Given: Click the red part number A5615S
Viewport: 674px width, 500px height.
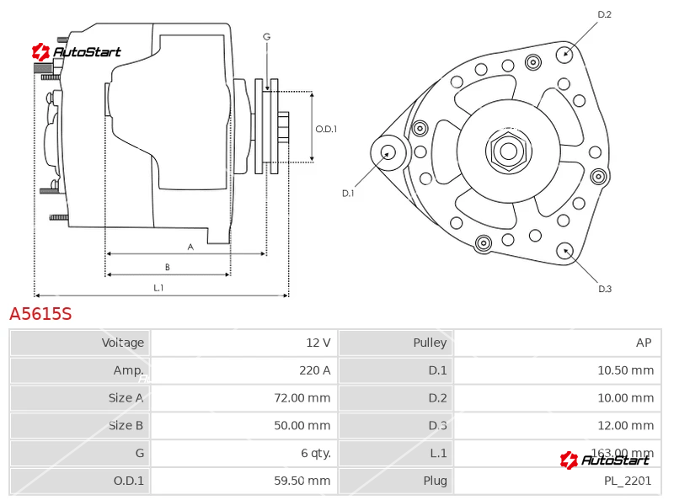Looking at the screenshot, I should pyautogui.click(x=40, y=314).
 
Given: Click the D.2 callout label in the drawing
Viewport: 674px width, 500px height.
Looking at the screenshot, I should pyautogui.click(x=604, y=14).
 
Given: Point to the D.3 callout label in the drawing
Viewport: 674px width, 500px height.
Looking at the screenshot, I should pyautogui.click(x=604, y=290).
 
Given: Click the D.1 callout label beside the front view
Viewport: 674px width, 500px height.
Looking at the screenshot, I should pyautogui.click(x=347, y=194).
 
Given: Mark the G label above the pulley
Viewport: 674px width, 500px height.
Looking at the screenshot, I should pyautogui.click(x=266, y=36).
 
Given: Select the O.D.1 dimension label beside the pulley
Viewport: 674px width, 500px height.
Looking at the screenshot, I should pyautogui.click(x=326, y=129).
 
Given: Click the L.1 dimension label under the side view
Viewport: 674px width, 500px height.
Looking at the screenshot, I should pyautogui.click(x=158, y=288).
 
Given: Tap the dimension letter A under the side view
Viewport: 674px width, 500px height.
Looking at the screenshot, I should pyautogui.click(x=190, y=247).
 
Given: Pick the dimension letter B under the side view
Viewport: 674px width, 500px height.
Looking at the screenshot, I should pyautogui.click(x=167, y=268).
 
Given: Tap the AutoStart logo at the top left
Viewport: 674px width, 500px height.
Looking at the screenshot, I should pyautogui.click(x=77, y=52).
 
